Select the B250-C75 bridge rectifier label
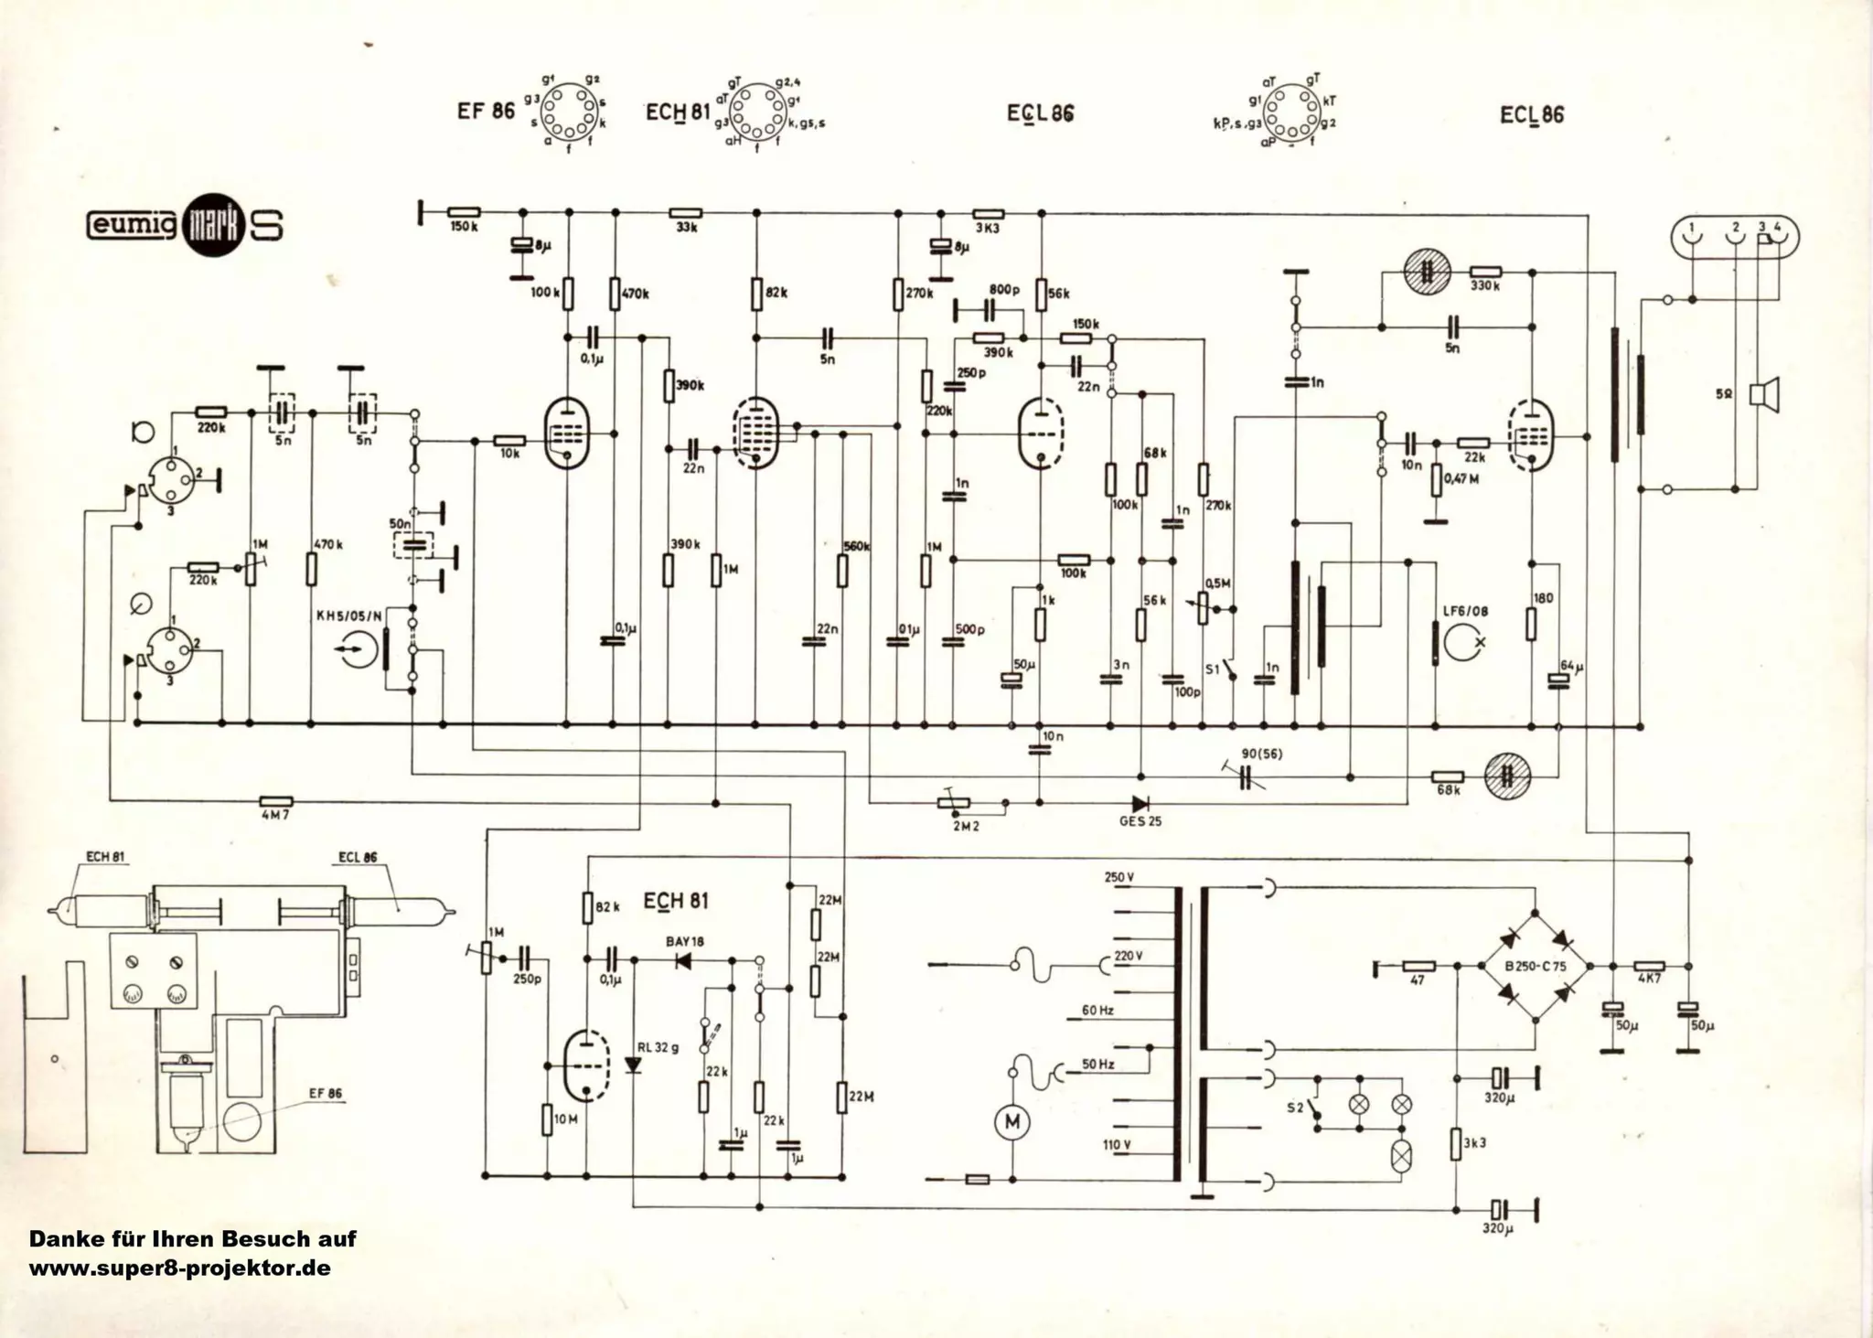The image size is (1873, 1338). click(x=1535, y=966)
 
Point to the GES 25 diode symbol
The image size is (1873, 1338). click(x=1140, y=804)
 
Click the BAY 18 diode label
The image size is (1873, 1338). click(x=685, y=941)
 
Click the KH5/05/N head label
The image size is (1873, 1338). click(x=349, y=615)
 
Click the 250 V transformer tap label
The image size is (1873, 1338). click(x=1119, y=877)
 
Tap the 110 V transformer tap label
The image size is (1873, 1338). click(x=1117, y=1144)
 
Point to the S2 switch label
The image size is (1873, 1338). click(x=1294, y=1108)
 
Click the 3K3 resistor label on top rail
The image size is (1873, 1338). click(x=988, y=228)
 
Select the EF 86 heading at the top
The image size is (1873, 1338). click(x=487, y=112)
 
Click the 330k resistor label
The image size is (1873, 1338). click(x=1485, y=286)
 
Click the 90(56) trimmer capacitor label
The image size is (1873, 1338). click(x=1260, y=754)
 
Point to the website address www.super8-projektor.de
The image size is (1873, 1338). click(x=179, y=1269)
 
